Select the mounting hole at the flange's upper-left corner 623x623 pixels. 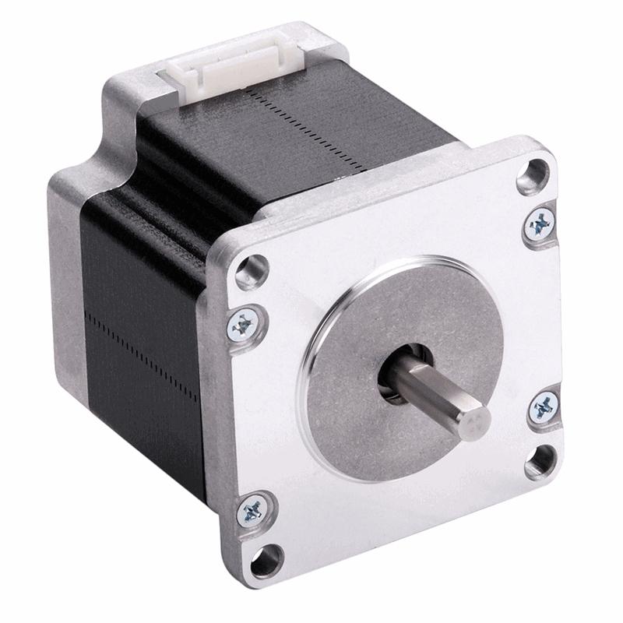(250, 269)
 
